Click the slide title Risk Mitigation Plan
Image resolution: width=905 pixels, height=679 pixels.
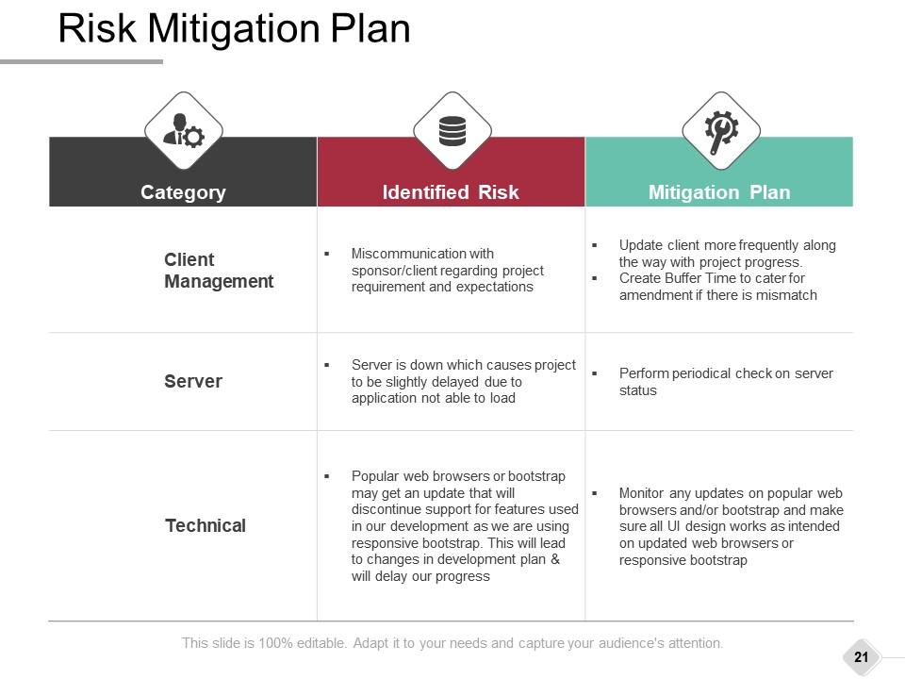point(234,28)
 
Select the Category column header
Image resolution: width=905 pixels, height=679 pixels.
point(183,192)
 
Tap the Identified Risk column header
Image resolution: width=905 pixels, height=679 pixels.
point(451,192)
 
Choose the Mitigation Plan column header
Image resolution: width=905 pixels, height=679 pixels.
point(719,192)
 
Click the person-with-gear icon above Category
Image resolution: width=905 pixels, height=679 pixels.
point(183,131)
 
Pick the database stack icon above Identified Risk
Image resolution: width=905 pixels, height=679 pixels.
point(452,131)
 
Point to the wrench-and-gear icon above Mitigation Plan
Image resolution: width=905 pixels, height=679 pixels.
point(720,131)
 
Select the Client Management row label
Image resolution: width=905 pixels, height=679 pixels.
point(219,270)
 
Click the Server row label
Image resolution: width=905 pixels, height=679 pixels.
point(193,381)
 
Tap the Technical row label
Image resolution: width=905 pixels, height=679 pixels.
point(206,525)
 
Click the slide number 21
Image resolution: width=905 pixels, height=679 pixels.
point(860,657)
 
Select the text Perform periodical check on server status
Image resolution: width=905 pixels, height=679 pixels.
point(726,382)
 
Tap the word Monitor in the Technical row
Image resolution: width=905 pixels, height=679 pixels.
point(642,493)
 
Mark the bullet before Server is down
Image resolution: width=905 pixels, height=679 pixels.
point(326,365)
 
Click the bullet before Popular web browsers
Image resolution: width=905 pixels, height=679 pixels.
point(326,476)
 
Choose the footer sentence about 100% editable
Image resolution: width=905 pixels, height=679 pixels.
point(452,643)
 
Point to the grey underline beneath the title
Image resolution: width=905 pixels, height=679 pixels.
point(81,62)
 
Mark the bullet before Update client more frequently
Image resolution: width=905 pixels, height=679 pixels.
point(595,245)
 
